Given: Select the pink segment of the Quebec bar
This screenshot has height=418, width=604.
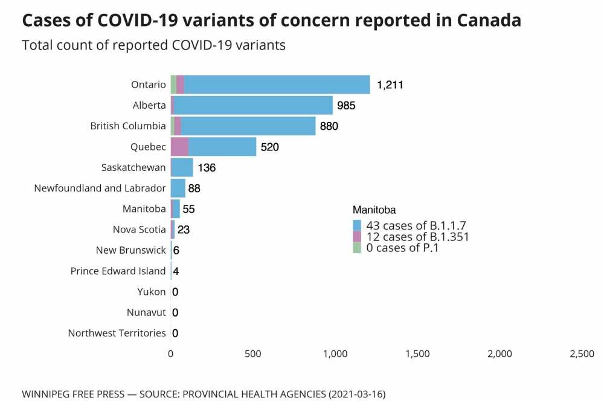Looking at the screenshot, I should point(179,147).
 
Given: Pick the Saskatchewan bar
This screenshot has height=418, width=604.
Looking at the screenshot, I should point(182,167).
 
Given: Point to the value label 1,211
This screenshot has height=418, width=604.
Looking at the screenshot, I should point(390,85).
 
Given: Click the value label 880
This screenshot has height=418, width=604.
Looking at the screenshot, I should point(329,126).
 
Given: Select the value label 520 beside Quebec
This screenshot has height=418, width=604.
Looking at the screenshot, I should point(269,147).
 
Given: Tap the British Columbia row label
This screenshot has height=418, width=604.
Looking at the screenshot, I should point(128,126).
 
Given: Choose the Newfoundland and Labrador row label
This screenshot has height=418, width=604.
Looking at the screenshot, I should point(100,188).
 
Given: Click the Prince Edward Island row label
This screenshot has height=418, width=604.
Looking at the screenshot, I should point(118,271).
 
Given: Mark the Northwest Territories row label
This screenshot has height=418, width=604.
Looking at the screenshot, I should point(117,333).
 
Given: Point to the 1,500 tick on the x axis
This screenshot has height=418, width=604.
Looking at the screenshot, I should point(417,354).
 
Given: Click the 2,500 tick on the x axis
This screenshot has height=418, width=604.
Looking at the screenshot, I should point(582,354).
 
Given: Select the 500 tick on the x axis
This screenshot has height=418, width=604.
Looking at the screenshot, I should point(252,354).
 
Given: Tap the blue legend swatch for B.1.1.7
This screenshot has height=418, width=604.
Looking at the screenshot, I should point(357,226).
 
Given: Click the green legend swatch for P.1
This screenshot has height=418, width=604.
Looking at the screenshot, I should point(357,248).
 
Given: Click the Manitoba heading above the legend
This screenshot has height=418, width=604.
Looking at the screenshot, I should point(374,210).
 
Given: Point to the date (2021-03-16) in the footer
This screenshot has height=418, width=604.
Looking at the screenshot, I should point(356,394).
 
